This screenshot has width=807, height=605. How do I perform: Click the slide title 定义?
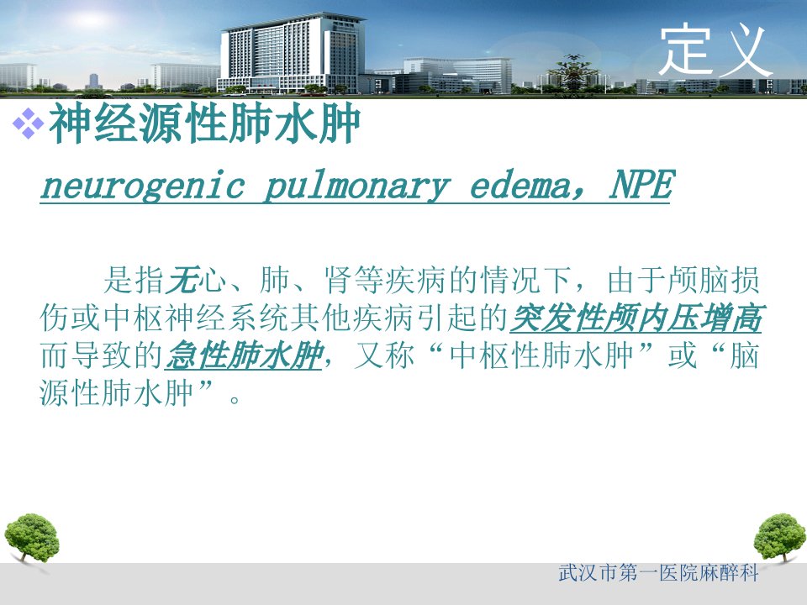click(x=715, y=51)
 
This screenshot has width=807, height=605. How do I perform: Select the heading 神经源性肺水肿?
click(x=204, y=123)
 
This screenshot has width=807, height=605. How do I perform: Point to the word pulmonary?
click(x=357, y=186)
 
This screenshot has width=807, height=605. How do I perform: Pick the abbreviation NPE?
click(x=641, y=184)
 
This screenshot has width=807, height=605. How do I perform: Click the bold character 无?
click(x=182, y=281)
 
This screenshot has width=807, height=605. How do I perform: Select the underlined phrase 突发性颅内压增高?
click(x=636, y=318)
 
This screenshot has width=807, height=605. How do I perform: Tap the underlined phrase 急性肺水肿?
click(x=244, y=355)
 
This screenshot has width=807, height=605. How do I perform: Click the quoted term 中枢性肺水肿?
click(x=541, y=355)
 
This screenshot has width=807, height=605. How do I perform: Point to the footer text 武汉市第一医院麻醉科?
click(x=658, y=573)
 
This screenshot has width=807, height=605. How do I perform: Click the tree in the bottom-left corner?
click(x=31, y=539)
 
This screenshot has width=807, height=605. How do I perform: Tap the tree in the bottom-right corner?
click(x=779, y=539)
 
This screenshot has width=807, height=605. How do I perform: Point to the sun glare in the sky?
click(x=90, y=20)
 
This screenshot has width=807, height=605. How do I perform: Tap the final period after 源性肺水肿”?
click(x=235, y=400)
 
